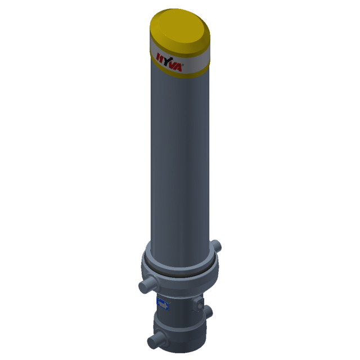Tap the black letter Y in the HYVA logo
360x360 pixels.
[x=169, y=61]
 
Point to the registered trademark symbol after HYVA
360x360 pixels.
[x=183, y=65]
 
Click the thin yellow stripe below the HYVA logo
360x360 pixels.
[x=180, y=71]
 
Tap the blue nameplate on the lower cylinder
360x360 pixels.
[x=163, y=304]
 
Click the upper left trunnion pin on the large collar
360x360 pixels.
[x=147, y=285]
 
